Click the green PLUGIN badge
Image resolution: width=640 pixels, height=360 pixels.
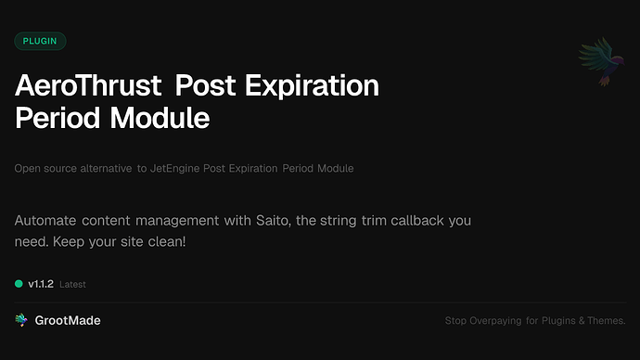tap(40, 41)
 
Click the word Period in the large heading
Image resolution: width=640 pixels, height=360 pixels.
tap(56, 119)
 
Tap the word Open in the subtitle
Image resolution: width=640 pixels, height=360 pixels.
tap(26, 169)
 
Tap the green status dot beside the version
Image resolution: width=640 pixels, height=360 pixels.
tap(19, 284)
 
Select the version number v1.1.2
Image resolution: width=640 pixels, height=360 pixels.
tap(42, 284)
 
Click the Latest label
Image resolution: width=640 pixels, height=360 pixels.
tap(73, 285)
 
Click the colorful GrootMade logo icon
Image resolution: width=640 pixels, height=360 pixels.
tap(21, 320)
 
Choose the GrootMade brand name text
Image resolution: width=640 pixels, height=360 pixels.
tap(69, 320)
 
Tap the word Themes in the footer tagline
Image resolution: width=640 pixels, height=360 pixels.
tap(605, 321)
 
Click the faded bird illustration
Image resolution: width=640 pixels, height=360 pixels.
tap(598, 62)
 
